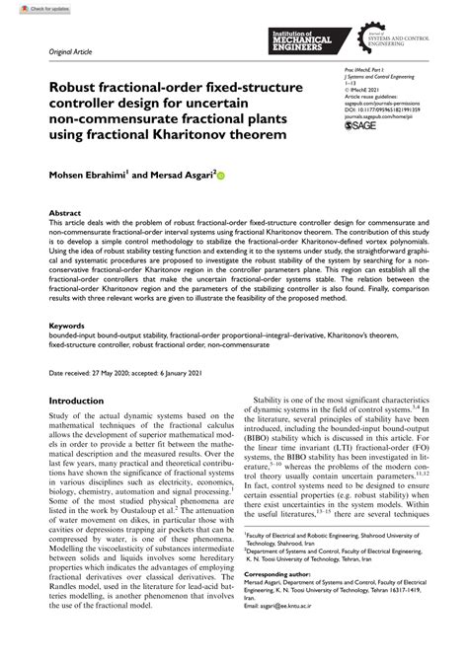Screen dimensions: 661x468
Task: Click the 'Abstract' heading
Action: [66, 212]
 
